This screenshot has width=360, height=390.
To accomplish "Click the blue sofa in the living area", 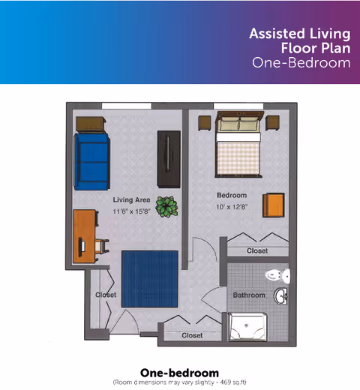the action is (x=91, y=162).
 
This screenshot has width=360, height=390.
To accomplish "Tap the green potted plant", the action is (x=166, y=207).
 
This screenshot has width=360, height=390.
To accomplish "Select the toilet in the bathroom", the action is (x=277, y=276).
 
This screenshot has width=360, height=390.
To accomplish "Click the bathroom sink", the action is (x=280, y=296).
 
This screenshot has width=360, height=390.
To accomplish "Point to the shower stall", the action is (x=247, y=326).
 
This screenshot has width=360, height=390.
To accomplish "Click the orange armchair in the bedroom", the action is (x=274, y=205).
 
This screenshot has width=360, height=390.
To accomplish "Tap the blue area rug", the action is (x=150, y=279).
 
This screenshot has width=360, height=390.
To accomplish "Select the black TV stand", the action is (x=169, y=159).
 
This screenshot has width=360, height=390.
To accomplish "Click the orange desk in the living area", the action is (x=85, y=236).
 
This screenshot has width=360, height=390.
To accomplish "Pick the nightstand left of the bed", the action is (x=205, y=123).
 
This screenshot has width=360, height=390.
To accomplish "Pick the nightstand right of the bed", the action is (x=272, y=122).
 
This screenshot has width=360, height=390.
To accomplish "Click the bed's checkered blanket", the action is (x=238, y=157).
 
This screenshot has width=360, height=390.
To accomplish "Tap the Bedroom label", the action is (x=232, y=195).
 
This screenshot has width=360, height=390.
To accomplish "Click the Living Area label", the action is (x=131, y=199).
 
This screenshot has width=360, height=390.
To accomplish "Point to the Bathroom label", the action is (x=249, y=295).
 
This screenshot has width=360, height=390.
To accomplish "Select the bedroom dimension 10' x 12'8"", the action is (x=232, y=207).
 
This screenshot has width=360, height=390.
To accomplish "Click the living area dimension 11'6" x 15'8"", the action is (x=131, y=211).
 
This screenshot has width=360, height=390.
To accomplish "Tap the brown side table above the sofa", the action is (x=91, y=124).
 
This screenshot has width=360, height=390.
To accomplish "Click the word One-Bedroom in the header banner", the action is (x=301, y=62).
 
